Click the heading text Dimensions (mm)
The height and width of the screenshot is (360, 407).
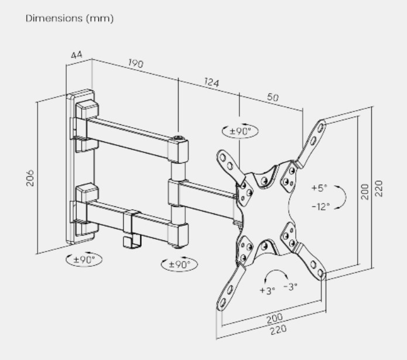70,18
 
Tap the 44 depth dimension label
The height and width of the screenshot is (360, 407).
77,55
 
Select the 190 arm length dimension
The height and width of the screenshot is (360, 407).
135,63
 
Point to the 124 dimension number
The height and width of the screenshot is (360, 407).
211,82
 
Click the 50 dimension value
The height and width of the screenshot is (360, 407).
273,97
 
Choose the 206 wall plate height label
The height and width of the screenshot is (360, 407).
30,178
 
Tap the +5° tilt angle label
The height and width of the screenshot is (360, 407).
319,188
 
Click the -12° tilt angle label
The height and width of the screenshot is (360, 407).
320,206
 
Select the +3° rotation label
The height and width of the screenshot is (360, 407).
268,290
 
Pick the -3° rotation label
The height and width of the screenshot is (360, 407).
290,287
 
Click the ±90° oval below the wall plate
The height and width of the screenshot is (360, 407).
84,259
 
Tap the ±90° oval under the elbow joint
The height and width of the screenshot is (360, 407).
179,264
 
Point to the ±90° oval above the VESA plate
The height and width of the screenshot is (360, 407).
240,131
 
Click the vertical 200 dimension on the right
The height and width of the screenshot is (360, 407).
365,192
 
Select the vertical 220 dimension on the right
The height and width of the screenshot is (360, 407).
379,188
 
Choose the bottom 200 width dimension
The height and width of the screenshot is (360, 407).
275,318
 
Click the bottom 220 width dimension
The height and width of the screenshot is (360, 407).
279,330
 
